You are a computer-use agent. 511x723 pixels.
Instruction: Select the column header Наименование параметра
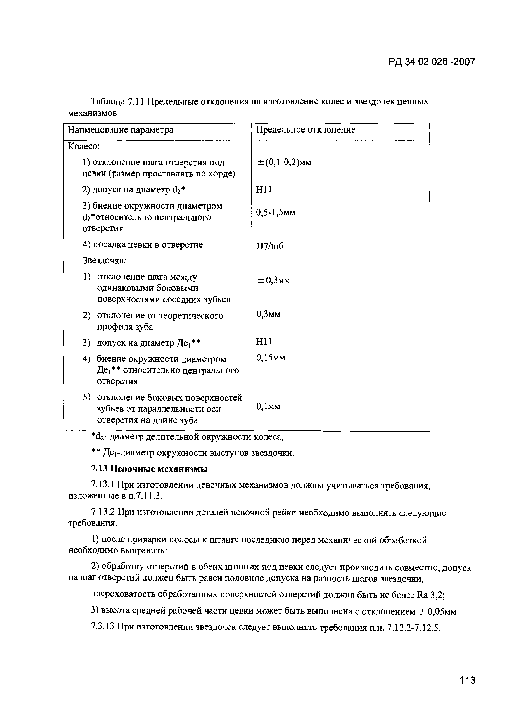tap(121, 130)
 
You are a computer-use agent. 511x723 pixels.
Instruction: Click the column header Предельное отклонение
tap(305, 130)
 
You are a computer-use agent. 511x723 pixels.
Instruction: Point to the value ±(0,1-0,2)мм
tap(285, 162)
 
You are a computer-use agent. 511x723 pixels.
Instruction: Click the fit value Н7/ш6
tap(270, 246)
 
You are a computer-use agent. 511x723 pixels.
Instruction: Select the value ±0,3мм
tap(274, 280)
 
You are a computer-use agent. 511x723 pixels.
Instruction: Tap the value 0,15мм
tap(271, 357)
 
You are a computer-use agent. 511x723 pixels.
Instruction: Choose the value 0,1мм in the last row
tap(268, 406)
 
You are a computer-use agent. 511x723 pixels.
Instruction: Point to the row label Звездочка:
tap(104, 261)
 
